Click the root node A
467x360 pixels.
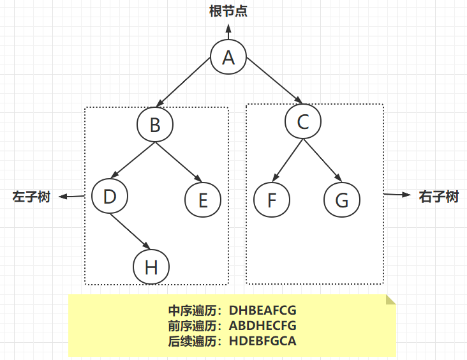(x=228, y=57)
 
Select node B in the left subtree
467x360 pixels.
(x=155, y=124)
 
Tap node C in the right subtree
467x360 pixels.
(x=303, y=121)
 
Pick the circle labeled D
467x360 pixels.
(x=110, y=196)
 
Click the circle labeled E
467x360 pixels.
(x=203, y=200)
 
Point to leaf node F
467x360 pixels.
(x=272, y=200)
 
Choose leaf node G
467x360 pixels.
(x=342, y=200)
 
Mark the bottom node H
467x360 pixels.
(x=151, y=267)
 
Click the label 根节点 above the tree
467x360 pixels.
(x=228, y=11)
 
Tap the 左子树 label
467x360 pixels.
(x=31, y=197)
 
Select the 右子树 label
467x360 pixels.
(x=439, y=197)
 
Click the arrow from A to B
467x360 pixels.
(x=183, y=82)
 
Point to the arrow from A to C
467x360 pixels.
(x=274, y=80)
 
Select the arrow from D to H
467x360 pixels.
(x=130, y=231)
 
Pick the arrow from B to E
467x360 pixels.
(x=179, y=162)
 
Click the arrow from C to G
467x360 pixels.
(x=323, y=160)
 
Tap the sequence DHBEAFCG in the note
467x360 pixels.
(x=263, y=310)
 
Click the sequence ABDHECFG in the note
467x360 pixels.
(x=263, y=326)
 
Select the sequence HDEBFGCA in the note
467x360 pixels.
(x=263, y=341)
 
